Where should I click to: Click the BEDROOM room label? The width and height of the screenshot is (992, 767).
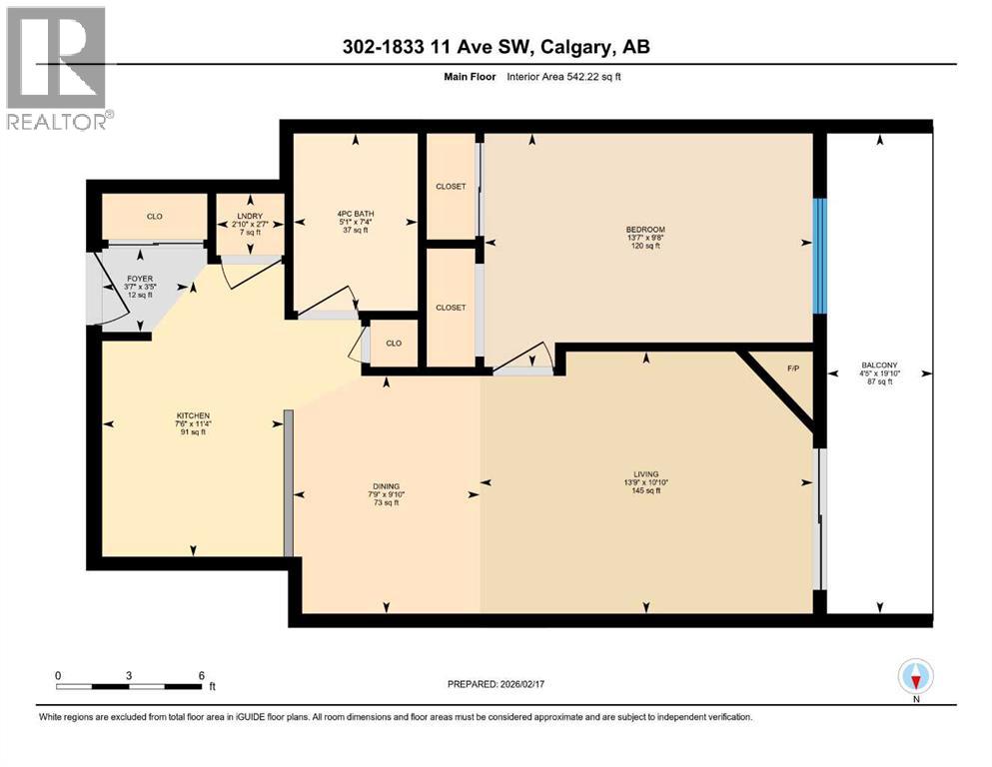click(646, 230)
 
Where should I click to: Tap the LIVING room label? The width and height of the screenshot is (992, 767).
click(645, 474)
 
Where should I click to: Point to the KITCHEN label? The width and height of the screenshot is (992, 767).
click(192, 415)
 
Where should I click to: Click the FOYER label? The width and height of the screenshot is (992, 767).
click(138, 281)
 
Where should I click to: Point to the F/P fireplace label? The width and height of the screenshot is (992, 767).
click(794, 369)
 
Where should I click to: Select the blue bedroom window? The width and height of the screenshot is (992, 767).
click(819, 255)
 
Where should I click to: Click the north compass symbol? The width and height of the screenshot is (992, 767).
click(916, 678)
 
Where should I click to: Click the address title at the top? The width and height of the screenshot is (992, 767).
click(496, 47)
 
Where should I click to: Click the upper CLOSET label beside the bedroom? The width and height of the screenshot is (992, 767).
click(451, 187)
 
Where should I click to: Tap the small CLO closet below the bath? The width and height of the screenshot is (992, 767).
click(394, 344)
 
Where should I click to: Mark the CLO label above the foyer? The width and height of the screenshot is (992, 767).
click(155, 217)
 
